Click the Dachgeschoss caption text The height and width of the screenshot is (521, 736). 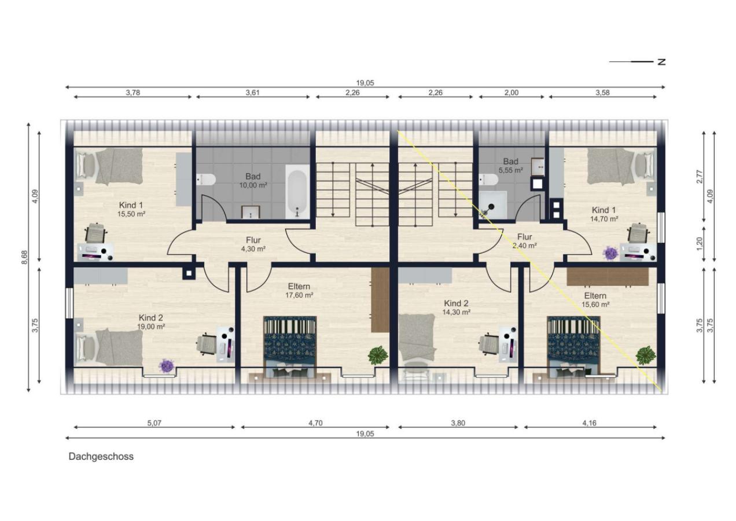point(101,457)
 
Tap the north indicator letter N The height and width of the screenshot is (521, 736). point(661,62)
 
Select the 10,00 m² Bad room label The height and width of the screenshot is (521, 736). point(253,181)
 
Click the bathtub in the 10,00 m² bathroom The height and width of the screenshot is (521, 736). point(297,191)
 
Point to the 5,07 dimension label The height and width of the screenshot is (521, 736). point(154,423)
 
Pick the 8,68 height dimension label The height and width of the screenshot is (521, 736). point(25,258)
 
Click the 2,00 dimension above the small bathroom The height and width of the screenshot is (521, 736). point(511,93)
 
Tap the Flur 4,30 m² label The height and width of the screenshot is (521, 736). point(253,244)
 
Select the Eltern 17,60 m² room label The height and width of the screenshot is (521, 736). point(299,291)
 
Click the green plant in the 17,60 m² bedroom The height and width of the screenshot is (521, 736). point(378,355)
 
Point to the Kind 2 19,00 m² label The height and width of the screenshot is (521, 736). point(151,322)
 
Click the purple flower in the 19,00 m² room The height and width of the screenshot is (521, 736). point(167,366)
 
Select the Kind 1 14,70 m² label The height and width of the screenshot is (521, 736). point(604,214)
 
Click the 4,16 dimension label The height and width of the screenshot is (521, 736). point(590,423)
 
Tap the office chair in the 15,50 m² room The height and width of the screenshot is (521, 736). point(96,233)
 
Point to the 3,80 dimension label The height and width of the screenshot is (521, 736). point(458,423)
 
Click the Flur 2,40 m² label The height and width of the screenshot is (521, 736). point(524,241)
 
